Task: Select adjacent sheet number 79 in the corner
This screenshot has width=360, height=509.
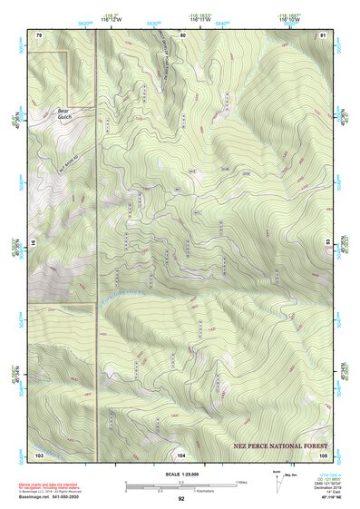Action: tap(39, 34)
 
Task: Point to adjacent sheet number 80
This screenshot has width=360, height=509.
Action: tap(182, 34)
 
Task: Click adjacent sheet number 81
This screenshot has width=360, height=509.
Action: tap(324, 34)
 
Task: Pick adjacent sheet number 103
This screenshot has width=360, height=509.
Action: tap(39, 454)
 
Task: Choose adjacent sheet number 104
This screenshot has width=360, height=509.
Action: tap(182, 454)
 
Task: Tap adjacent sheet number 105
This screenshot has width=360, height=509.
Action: tap(323, 454)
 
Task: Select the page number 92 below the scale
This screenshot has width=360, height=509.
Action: tap(181, 498)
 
